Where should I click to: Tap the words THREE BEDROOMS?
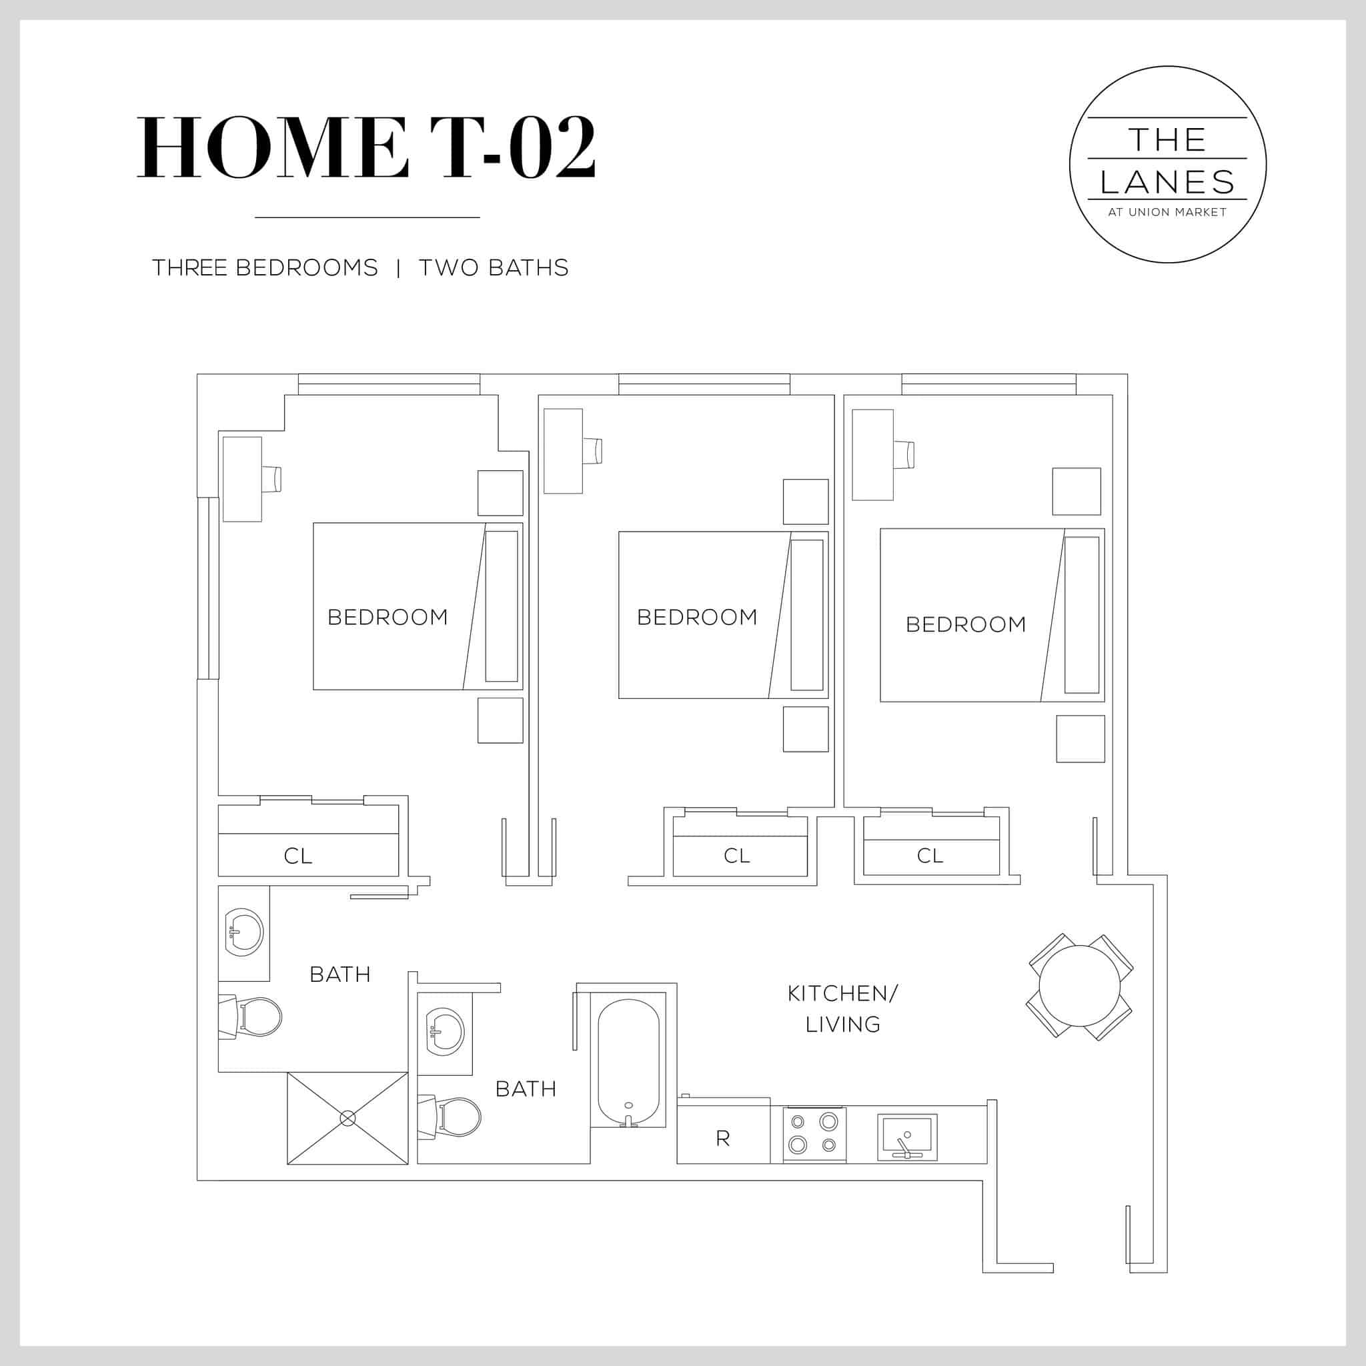(265, 268)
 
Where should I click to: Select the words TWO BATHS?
(494, 268)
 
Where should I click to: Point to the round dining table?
(1079, 986)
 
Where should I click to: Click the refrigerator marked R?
(722, 1139)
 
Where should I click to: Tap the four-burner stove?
(814, 1133)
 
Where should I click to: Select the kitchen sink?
(907, 1137)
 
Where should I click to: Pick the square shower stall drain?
(347, 1118)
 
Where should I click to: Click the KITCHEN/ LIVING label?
(842, 1009)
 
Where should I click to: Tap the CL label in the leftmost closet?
(297, 856)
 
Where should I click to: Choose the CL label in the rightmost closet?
(930, 856)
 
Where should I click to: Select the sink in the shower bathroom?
(243, 931)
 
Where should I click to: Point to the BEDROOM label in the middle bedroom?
(697, 617)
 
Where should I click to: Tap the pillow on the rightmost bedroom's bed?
(1081, 614)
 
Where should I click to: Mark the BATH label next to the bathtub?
(526, 1089)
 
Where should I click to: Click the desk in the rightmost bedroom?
(872, 455)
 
